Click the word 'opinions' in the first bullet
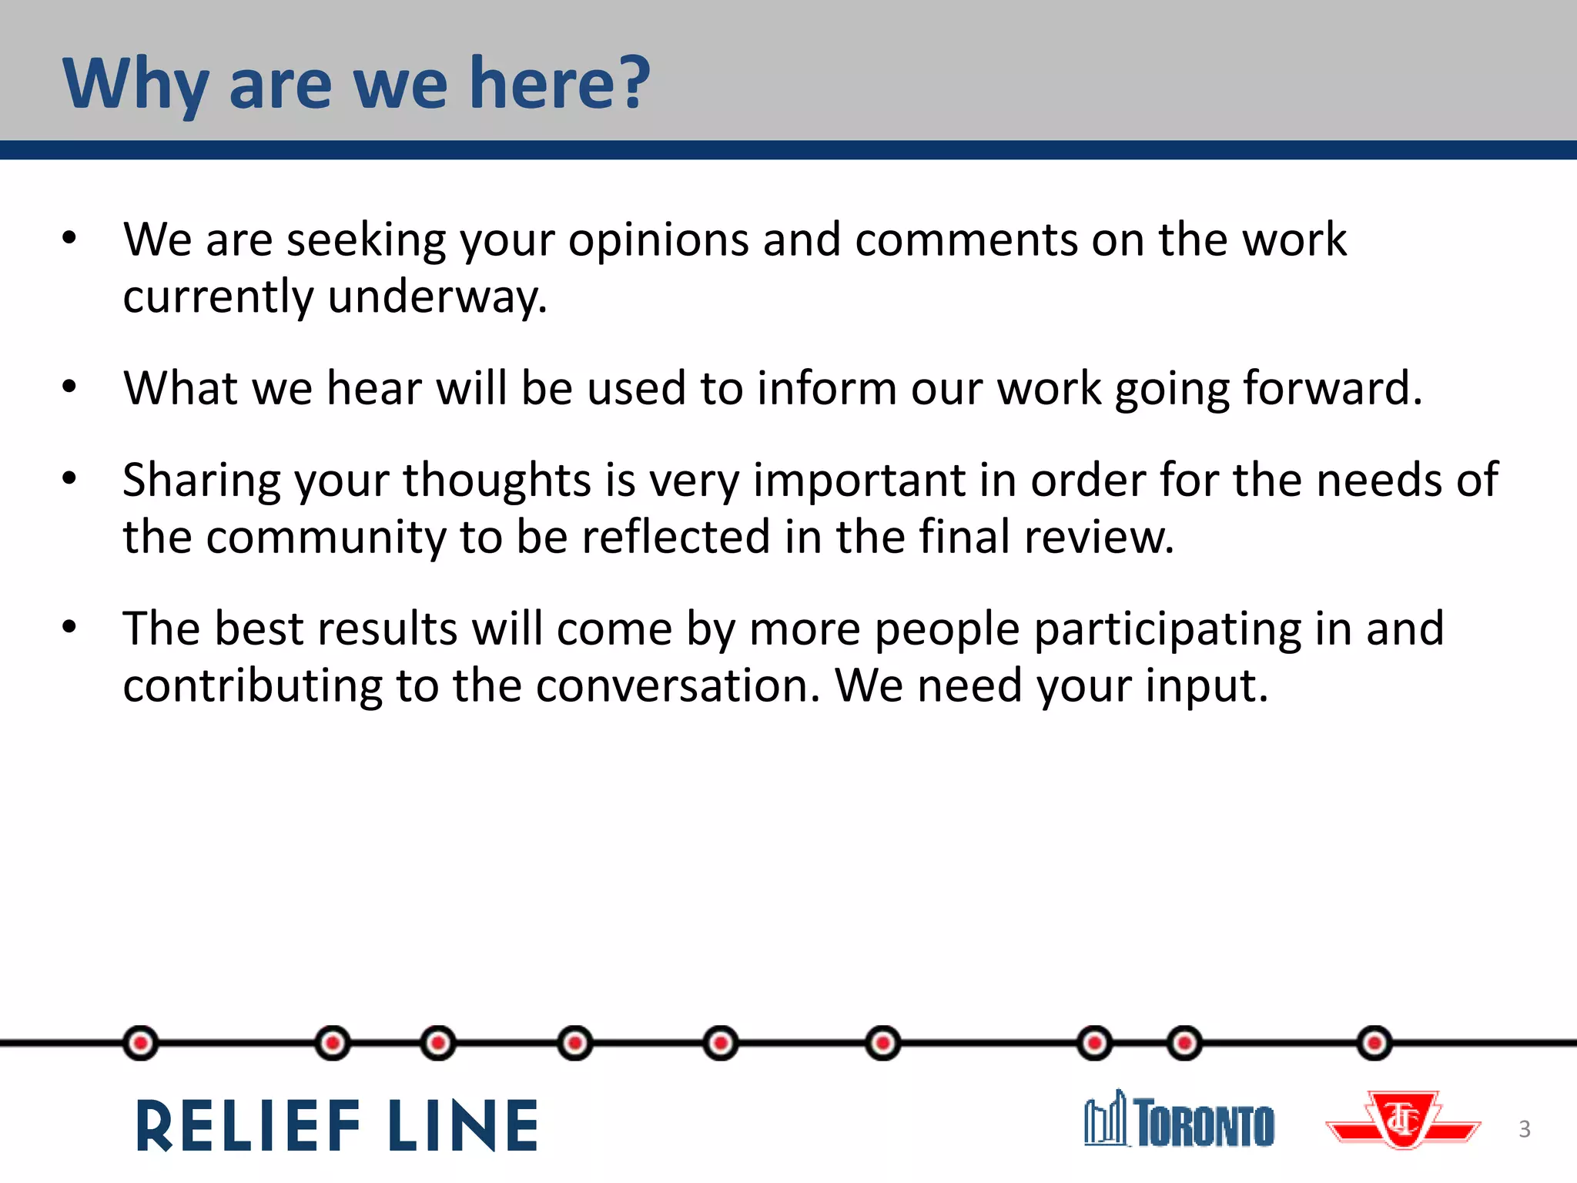point(658,240)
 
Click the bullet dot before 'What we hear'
point(70,387)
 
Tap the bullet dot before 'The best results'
point(70,627)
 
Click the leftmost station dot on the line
point(140,1044)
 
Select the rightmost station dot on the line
point(1374,1044)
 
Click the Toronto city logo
point(1179,1121)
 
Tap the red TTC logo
point(1403,1121)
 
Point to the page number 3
point(1524,1129)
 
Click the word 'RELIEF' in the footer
point(248,1126)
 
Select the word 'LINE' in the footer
point(464,1126)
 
